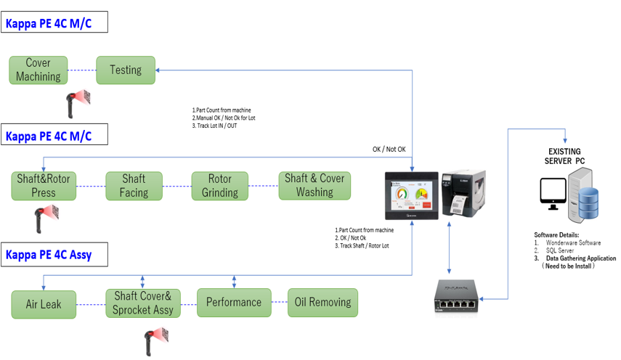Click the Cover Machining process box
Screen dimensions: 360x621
[x=38, y=70]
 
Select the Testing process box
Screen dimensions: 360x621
[x=126, y=70]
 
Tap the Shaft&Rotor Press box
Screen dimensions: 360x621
[x=44, y=186]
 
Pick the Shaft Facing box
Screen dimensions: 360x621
[x=134, y=186]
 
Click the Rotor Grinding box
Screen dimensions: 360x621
[x=220, y=186]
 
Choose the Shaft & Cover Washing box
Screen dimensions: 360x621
[x=314, y=186]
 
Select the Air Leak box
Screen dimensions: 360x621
[x=44, y=304]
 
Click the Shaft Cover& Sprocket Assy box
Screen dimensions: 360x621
[x=142, y=303]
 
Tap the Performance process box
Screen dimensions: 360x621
[x=234, y=303]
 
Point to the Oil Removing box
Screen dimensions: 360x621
[x=321, y=302]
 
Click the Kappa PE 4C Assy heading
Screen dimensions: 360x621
[x=48, y=255]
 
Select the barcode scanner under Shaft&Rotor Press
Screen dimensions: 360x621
[x=46, y=216]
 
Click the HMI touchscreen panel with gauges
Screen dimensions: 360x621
[x=412, y=196]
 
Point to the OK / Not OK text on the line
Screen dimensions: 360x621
[x=389, y=150]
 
